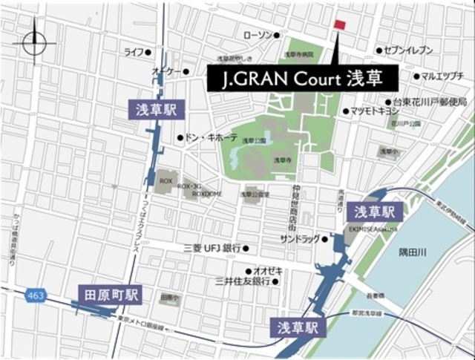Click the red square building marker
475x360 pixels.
(340, 25)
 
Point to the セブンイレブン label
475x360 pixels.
(408, 50)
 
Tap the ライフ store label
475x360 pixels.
(134, 52)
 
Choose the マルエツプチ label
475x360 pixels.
(442, 76)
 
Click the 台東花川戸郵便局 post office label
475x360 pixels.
(430, 102)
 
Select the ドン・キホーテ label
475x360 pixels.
(211, 138)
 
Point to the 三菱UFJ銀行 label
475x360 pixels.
(212, 248)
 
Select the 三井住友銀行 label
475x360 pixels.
(241, 282)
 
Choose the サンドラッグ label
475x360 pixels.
(300, 239)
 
